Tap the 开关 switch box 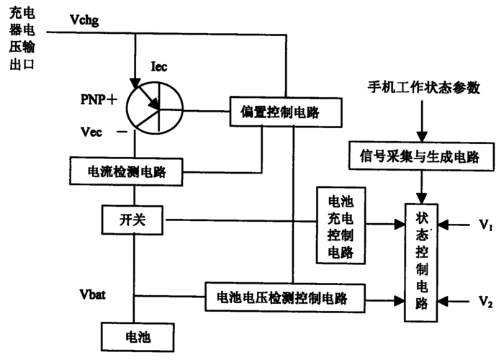133,221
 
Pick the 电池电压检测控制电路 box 286,297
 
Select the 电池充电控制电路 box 340,226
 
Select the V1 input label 485,225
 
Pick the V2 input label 485,300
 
